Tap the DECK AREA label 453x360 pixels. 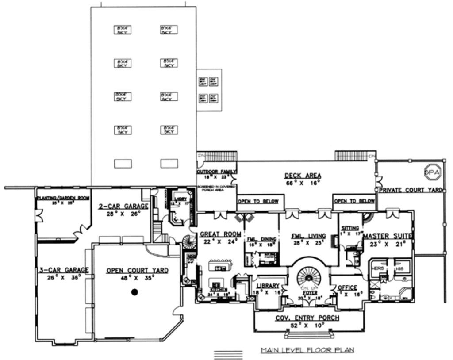tap(303, 176)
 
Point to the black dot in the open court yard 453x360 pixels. tap(135, 292)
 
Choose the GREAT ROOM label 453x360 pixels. tap(220, 234)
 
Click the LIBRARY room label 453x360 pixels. tap(267, 286)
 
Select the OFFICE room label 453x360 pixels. tap(347, 288)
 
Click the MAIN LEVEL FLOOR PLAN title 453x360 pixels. tap(307, 350)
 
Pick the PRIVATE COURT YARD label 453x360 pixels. tap(411, 190)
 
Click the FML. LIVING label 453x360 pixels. tap(308, 236)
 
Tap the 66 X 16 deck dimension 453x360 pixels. tap(303, 183)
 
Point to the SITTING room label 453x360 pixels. tap(350, 228)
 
